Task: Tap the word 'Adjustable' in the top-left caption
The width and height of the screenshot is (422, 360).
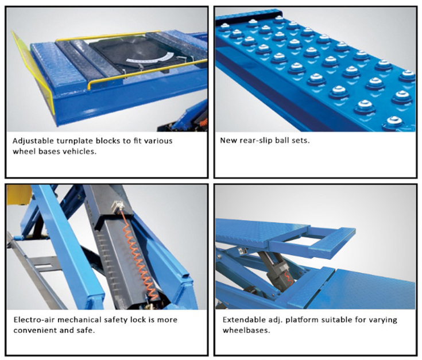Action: pyautogui.click(x=34, y=141)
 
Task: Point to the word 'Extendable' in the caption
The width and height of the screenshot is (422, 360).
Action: pyautogui.click(x=243, y=320)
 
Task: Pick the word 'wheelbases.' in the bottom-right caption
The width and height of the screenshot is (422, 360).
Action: pyautogui.click(x=246, y=330)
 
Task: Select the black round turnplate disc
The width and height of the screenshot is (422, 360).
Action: pyautogui.click(x=136, y=51)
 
